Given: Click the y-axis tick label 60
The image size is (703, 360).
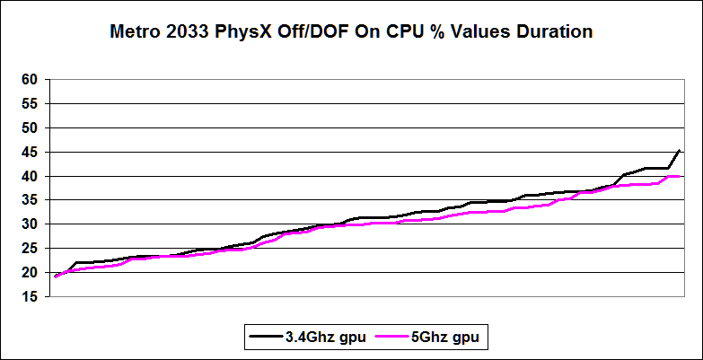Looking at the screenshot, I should (30, 80).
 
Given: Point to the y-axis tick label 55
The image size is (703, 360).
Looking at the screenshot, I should (30, 104).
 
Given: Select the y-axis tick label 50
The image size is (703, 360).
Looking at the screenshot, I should (30, 128).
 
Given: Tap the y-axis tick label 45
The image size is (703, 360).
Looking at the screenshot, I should (30, 153).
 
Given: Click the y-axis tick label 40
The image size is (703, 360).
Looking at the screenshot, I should (30, 177).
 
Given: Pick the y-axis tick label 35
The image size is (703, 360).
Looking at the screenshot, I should (30, 200).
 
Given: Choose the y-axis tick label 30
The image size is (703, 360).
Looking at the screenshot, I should (30, 224).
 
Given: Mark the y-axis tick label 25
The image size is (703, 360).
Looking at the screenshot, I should (30, 249).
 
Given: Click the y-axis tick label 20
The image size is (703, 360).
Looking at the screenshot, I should (30, 273).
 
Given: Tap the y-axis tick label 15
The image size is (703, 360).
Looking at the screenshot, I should (30, 297).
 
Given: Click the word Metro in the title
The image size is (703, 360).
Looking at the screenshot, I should (136, 31).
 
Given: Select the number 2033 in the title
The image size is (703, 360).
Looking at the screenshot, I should (194, 31).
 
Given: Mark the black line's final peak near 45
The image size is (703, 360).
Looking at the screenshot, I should (679, 150).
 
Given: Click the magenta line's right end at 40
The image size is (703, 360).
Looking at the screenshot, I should (679, 176).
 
